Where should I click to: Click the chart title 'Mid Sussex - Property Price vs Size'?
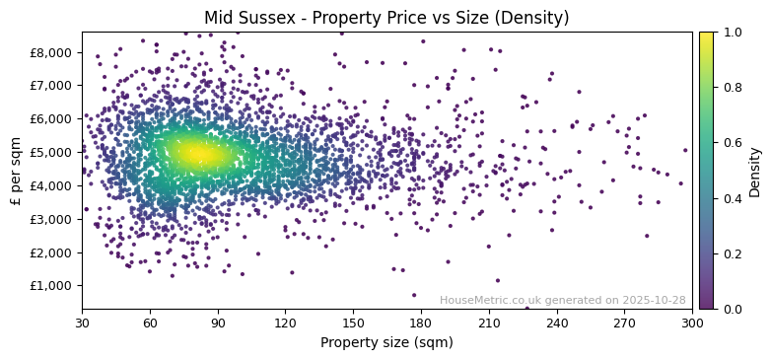[386, 18]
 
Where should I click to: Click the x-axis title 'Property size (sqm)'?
[386, 343]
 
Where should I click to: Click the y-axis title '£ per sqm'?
[16, 171]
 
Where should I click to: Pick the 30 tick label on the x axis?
[82, 323]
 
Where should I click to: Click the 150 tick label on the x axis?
[353, 323]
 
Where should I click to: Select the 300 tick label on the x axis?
[692, 323]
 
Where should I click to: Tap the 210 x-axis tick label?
[489, 323]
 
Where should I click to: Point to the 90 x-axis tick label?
[218, 323]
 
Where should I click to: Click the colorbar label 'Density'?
[755, 171]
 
